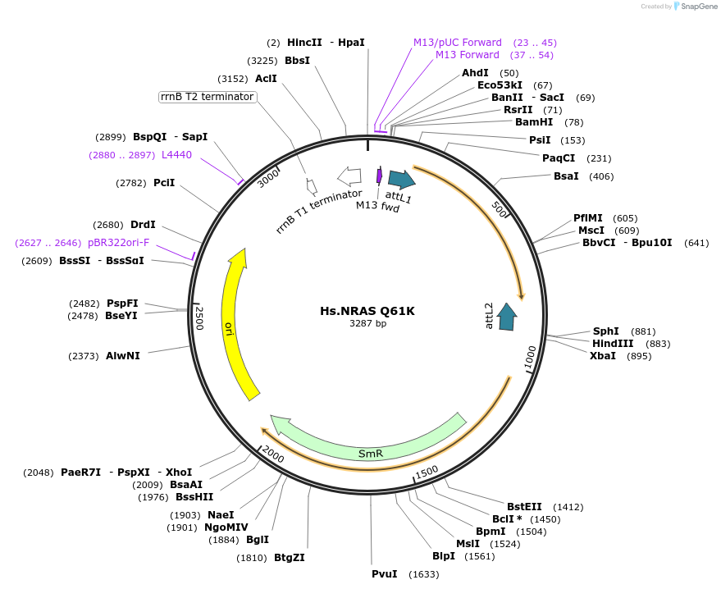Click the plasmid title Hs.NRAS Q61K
tap(367, 311)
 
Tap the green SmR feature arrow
tap(369, 447)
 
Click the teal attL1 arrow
tap(401, 180)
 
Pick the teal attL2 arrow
tap(508, 317)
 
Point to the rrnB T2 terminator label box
tap(208, 97)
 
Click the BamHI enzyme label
tap(534, 122)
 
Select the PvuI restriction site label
tap(384, 574)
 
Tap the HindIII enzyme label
tap(613, 344)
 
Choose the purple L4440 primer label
tap(176, 155)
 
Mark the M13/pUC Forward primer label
tap(458, 43)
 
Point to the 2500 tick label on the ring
tap(199, 317)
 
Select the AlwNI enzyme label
tap(123, 356)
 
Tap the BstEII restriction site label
tap(526, 507)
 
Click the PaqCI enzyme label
tap(559, 158)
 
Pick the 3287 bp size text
tap(367, 324)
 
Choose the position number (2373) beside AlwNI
tap(84, 356)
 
